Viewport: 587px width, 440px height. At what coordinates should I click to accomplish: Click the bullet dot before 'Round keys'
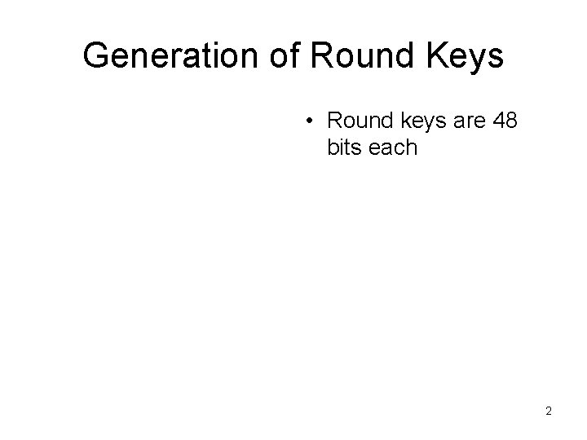[310, 123]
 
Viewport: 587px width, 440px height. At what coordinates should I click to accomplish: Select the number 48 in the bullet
[505, 122]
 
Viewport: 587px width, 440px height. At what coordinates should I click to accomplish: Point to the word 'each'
[392, 149]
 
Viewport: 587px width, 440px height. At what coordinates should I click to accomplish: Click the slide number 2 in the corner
[549, 411]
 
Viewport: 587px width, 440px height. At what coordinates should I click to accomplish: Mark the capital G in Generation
[96, 56]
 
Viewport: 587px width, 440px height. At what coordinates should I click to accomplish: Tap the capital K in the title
[433, 56]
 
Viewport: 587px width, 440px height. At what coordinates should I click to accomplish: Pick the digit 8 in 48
[512, 122]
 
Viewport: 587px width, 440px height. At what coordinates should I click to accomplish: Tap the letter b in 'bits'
[332, 149]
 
